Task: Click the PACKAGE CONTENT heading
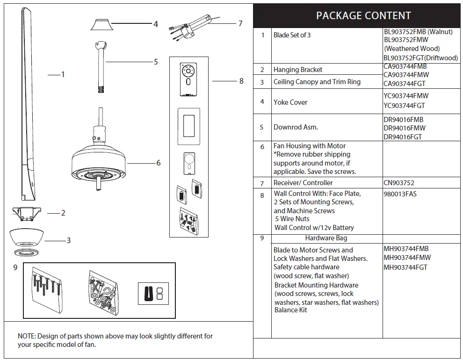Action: (363, 15)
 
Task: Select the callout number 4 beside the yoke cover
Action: (156, 24)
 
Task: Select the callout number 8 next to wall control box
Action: (241, 81)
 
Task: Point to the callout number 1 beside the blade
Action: (63, 74)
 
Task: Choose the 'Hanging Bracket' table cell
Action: (298, 70)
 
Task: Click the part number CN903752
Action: (399, 183)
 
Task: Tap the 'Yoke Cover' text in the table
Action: (290, 102)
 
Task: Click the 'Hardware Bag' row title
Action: (326, 238)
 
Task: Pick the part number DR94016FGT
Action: (403, 137)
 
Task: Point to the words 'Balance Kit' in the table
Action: (290, 310)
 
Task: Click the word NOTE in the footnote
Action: (26, 336)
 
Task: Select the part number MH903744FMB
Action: (406, 249)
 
